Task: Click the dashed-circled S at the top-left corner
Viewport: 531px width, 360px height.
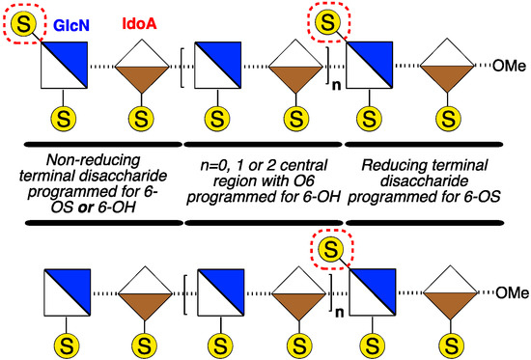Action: [23, 19]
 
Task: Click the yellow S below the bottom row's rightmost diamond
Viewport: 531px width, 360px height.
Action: [448, 339]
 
